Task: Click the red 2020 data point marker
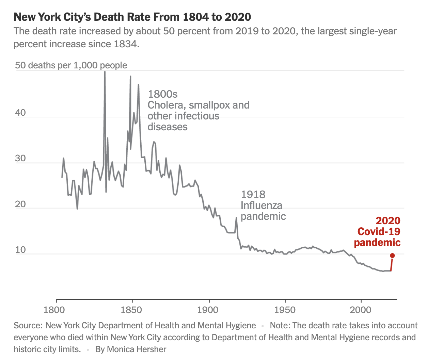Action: coord(392,256)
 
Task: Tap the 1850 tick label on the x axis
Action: coord(131,310)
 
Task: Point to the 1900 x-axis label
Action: coord(208,310)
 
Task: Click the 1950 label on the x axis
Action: coord(285,310)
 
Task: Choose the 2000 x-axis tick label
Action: coord(361,310)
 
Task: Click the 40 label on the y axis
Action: coord(20,113)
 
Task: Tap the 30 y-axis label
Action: coord(20,158)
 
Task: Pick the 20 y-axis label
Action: coord(20,204)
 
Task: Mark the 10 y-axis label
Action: coord(20,250)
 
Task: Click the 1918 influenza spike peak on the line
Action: coord(236,218)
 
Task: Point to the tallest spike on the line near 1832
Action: coord(105,72)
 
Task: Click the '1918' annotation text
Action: coord(253,195)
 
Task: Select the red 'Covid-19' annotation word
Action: coord(379,232)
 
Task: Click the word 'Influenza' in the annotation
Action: coord(261,206)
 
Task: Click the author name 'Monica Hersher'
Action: coord(137,349)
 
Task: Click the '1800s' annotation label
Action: coord(163,94)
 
